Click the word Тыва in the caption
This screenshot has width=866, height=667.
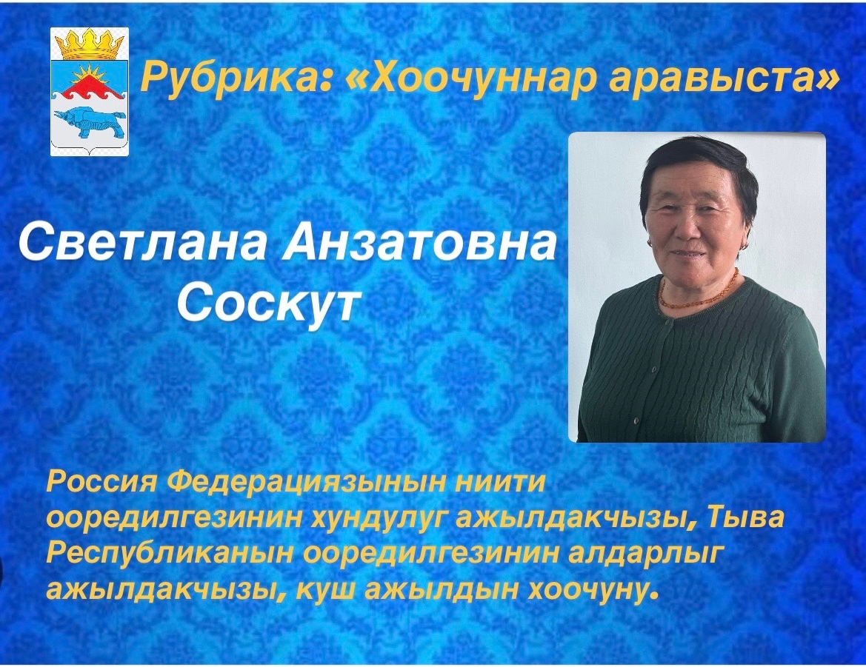coord(744,519)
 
